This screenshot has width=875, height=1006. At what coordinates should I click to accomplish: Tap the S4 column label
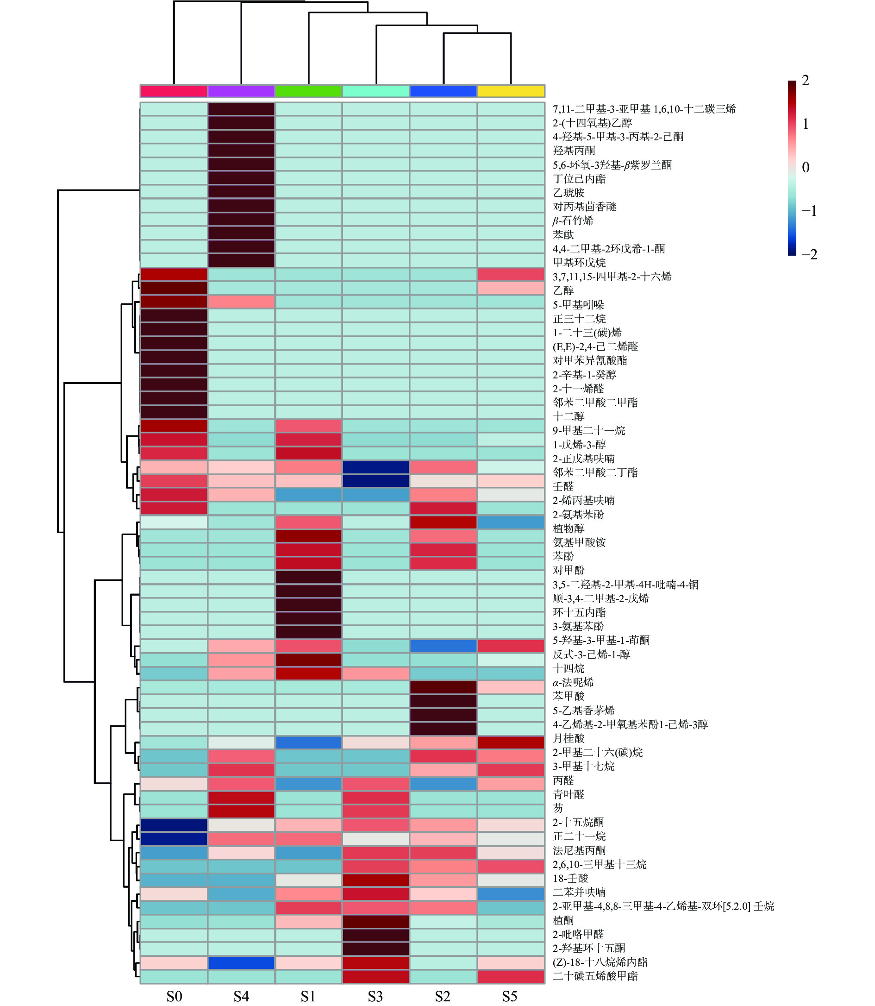241,996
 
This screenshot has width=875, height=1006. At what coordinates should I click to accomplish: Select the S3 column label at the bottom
375,996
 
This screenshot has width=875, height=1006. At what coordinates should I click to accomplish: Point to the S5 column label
510,996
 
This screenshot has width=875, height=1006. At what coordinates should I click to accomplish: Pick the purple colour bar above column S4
241,91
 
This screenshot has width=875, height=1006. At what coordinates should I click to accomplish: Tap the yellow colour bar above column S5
511,91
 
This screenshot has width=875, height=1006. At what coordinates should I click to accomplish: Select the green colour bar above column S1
309,91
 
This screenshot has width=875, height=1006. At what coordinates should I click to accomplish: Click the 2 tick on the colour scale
805,81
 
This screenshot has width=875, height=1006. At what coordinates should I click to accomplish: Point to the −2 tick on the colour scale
809,255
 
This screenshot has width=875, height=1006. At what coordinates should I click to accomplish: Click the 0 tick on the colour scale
806,168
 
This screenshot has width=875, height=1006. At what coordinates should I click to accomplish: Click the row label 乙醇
563,291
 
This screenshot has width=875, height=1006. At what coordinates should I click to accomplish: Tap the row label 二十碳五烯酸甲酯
595,976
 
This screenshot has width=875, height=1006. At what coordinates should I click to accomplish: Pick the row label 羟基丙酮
574,151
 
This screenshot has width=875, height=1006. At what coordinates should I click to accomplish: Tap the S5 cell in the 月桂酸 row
511,742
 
